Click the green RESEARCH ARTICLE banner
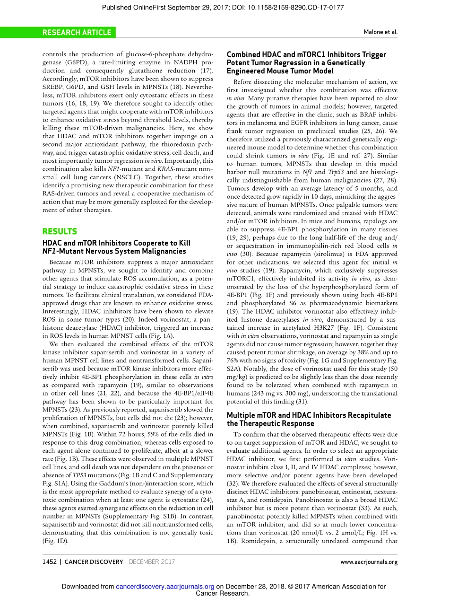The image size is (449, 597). click(x=77, y=33)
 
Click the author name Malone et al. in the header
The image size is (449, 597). click(x=380, y=33)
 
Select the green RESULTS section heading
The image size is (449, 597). click(x=60, y=231)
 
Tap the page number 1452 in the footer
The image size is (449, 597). click(x=50, y=562)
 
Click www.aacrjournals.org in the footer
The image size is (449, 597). click(x=369, y=562)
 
